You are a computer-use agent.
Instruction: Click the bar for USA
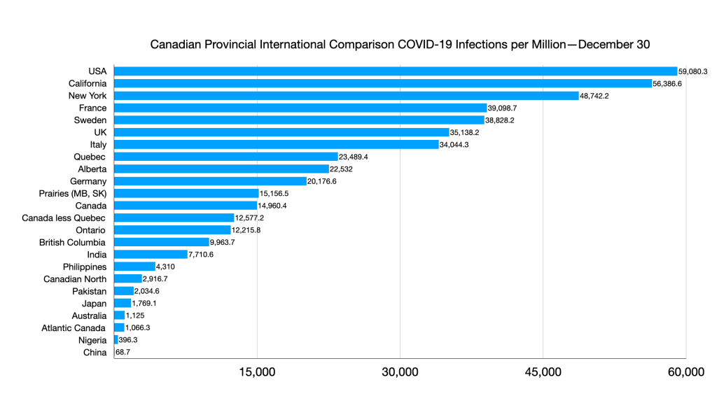point(396,71)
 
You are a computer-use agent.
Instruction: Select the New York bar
point(344,96)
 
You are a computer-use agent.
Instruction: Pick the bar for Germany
point(210,181)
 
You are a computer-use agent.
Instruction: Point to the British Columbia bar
point(162,242)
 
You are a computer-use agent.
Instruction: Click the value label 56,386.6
point(667,83)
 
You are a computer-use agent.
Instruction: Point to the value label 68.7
point(123,353)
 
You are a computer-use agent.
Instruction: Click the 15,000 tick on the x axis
point(258,372)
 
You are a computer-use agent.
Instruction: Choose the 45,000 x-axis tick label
point(543,372)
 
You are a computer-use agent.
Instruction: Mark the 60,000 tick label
point(685,372)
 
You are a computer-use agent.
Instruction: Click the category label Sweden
point(90,120)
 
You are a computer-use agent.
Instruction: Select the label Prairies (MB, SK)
point(73,194)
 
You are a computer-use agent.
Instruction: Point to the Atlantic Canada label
point(74,328)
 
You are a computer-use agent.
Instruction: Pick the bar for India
point(151,255)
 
